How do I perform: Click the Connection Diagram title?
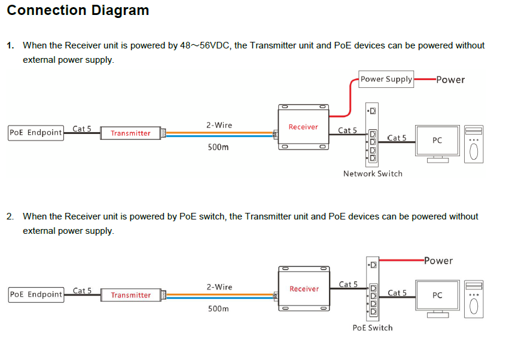(x=78, y=10)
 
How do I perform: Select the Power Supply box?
(x=386, y=80)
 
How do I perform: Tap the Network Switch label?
(x=373, y=173)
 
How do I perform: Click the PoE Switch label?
(x=373, y=328)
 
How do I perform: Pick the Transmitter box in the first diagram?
(x=130, y=133)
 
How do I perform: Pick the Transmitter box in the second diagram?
(x=131, y=295)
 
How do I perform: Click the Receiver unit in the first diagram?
(x=303, y=127)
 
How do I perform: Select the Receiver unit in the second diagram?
(x=304, y=289)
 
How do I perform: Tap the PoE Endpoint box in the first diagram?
(x=36, y=133)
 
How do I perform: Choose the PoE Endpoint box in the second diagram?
(x=36, y=294)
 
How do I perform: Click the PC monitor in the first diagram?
(x=437, y=144)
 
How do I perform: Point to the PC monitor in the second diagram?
(x=437, y=299)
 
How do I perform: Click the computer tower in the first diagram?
(x=474, y=144)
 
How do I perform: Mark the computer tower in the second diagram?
(x=474, y=299)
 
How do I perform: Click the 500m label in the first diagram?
(x=218, y=147)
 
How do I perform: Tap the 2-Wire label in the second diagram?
(x=220, y=287)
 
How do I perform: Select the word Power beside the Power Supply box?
(x=450, y=80)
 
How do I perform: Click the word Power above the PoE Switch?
(x=438, y=261)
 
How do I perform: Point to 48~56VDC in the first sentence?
(x=205, y=45)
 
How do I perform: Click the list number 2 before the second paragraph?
(x=10, y=216)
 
